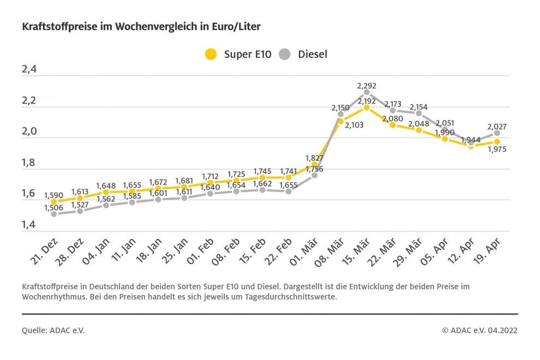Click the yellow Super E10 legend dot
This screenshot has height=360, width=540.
click(x=211, y=54)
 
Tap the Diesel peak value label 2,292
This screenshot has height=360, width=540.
click(x=367, y=86)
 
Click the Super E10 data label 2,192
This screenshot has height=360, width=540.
click(x=367, y=100)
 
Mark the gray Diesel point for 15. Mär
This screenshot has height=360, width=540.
click(x=367, y=92)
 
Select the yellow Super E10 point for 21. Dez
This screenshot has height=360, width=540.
click(x=53, y=201)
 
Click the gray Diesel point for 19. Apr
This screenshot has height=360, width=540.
click(x=497, y=133)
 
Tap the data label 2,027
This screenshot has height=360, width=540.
click(x=497, y=127)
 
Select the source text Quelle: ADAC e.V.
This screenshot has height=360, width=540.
click(x=53, y=331)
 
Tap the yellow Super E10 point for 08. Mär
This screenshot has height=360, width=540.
click(x=340, y=121)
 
